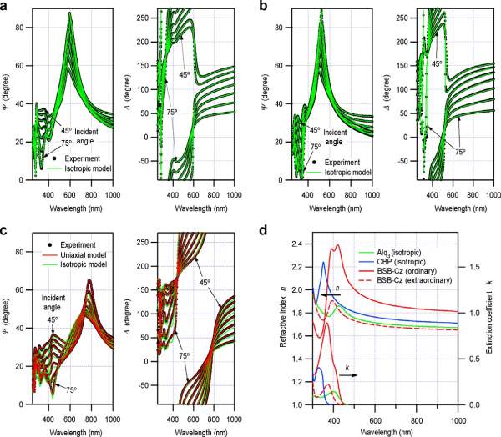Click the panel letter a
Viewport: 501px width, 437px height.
point(5,6)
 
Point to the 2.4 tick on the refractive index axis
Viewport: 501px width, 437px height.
point(299,244)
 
